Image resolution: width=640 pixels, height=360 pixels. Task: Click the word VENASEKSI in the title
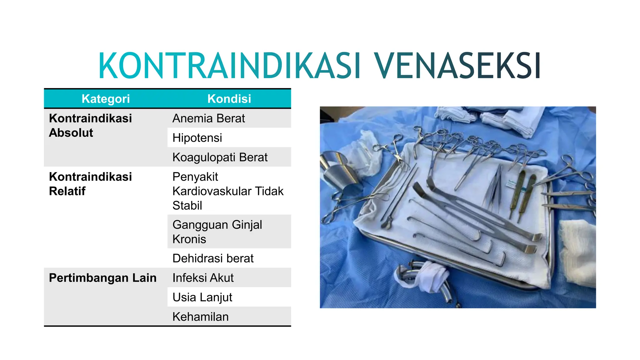pos(457,66)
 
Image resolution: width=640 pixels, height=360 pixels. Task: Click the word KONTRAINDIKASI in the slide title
pos(230,66)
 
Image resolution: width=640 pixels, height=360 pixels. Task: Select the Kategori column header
pos(106,99)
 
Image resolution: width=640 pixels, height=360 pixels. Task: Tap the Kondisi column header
pos(229,99)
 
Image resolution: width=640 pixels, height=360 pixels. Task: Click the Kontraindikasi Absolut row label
pos(90,125)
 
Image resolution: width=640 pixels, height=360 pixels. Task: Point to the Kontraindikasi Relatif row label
pos(90,184)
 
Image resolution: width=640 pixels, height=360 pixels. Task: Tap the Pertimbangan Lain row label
pos(102,278)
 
